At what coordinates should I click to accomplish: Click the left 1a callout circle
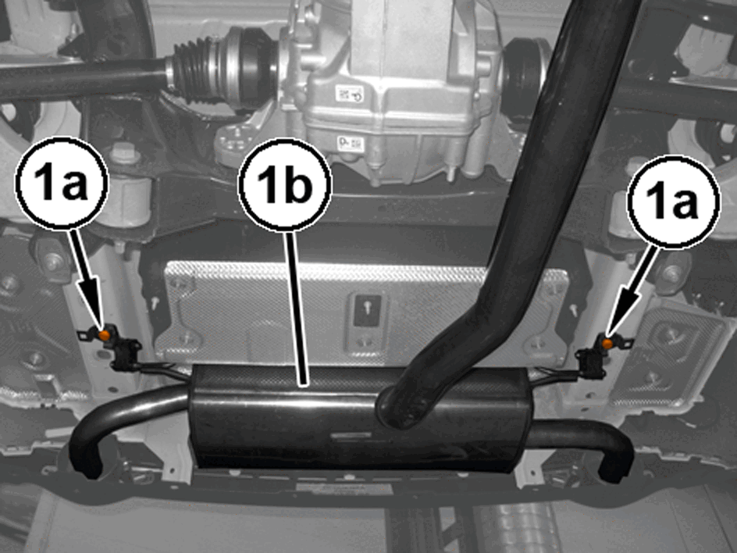(62, 183)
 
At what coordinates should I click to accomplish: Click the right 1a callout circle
(673, 201)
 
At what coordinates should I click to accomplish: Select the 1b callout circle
(285, 185)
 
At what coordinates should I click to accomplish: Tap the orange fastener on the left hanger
(105, 335)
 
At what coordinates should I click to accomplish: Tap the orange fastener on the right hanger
(607, 343)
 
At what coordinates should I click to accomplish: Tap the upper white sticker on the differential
(349, 94)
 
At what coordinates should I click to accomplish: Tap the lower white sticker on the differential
(351, 143)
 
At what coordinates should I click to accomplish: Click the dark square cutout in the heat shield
(367, 310)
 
